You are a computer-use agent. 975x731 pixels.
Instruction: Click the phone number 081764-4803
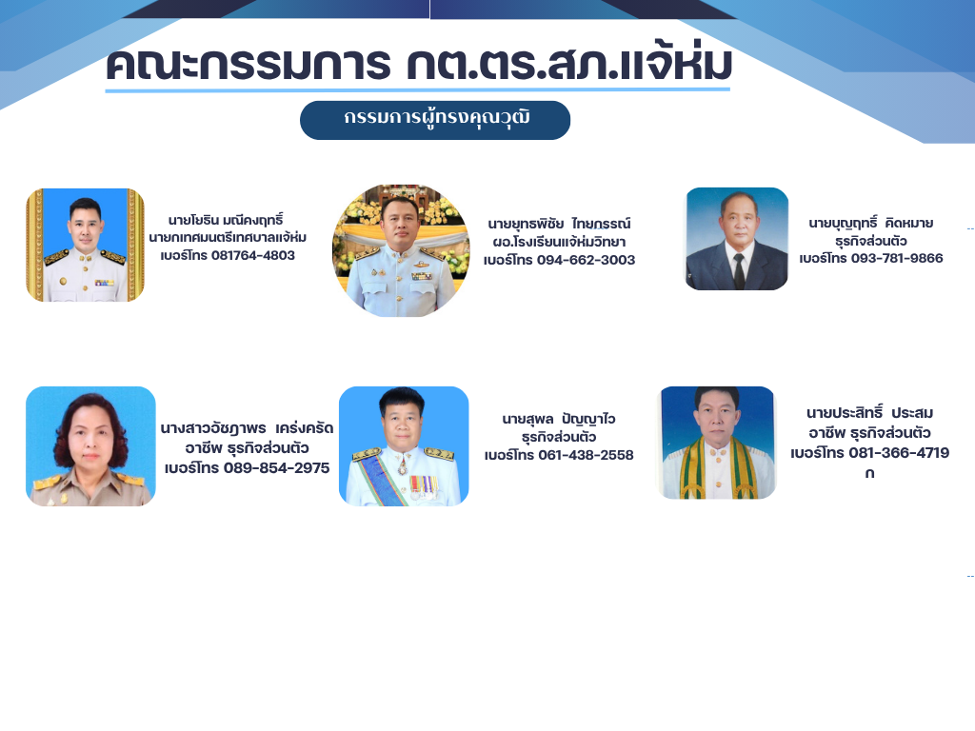[253, 255]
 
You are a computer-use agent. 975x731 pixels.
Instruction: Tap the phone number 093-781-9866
[897, 258]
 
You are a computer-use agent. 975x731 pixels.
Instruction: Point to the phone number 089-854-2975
[277, 468]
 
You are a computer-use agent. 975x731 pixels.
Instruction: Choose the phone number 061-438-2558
[586, 455]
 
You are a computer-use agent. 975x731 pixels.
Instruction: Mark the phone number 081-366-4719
[899, 452]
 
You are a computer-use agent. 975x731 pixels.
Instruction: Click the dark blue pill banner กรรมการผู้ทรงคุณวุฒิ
[434, 120]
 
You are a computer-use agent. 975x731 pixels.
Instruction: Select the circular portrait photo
[401, 250]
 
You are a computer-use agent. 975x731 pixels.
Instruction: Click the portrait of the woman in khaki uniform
[90, 446]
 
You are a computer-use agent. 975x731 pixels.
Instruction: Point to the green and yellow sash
[719, 469]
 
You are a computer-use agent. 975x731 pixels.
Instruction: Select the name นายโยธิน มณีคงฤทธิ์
[226, 219]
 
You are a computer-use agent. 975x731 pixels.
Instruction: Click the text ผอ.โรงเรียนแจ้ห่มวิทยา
[559, 241]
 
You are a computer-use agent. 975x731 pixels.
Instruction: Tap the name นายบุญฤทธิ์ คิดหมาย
[870, 223]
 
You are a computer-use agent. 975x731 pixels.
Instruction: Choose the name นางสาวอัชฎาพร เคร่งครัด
[247, 427]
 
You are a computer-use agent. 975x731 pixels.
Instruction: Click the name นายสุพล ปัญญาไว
[558, 419]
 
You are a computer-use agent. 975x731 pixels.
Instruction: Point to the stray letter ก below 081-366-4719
[869, 473]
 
